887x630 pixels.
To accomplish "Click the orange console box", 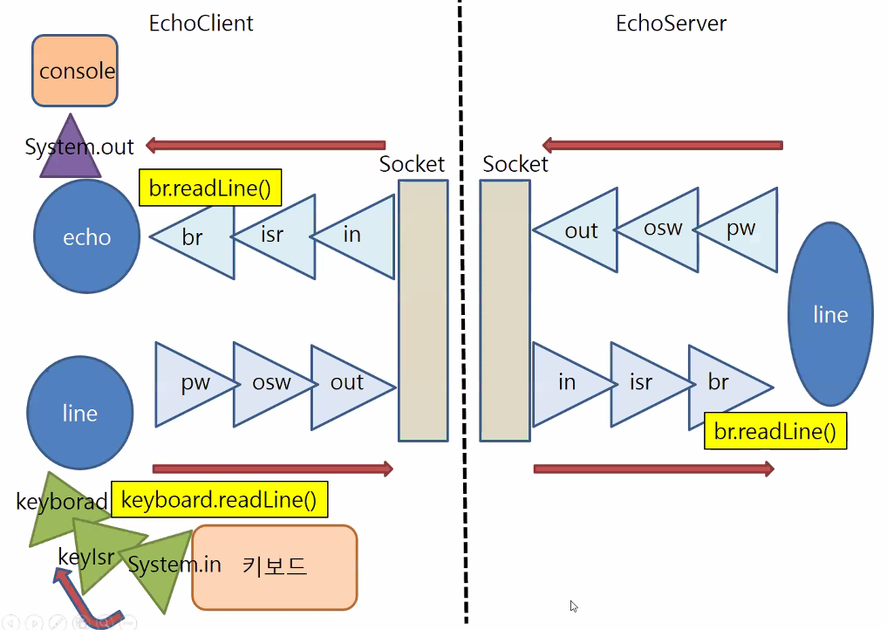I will [x=74, y=70].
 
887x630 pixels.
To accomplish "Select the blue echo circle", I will [x=86, y=236].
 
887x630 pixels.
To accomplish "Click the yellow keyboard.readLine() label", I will [x=219, y=500].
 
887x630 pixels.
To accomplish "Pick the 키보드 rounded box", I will [x=274, y=566].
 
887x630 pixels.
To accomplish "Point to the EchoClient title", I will [x=201, y=24].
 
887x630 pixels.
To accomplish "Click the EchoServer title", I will [x=671, y=24].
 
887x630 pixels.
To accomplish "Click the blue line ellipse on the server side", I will [x=829, y=314].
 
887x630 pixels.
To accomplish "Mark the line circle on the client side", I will [x=80, y=413].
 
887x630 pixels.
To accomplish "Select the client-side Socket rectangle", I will [x=423, y=310].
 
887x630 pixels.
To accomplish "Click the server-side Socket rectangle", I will [x=505, y=310].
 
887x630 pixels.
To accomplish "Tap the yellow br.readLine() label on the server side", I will [x=774, y=431].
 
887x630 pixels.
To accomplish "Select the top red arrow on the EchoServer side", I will [x=662, y=145].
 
